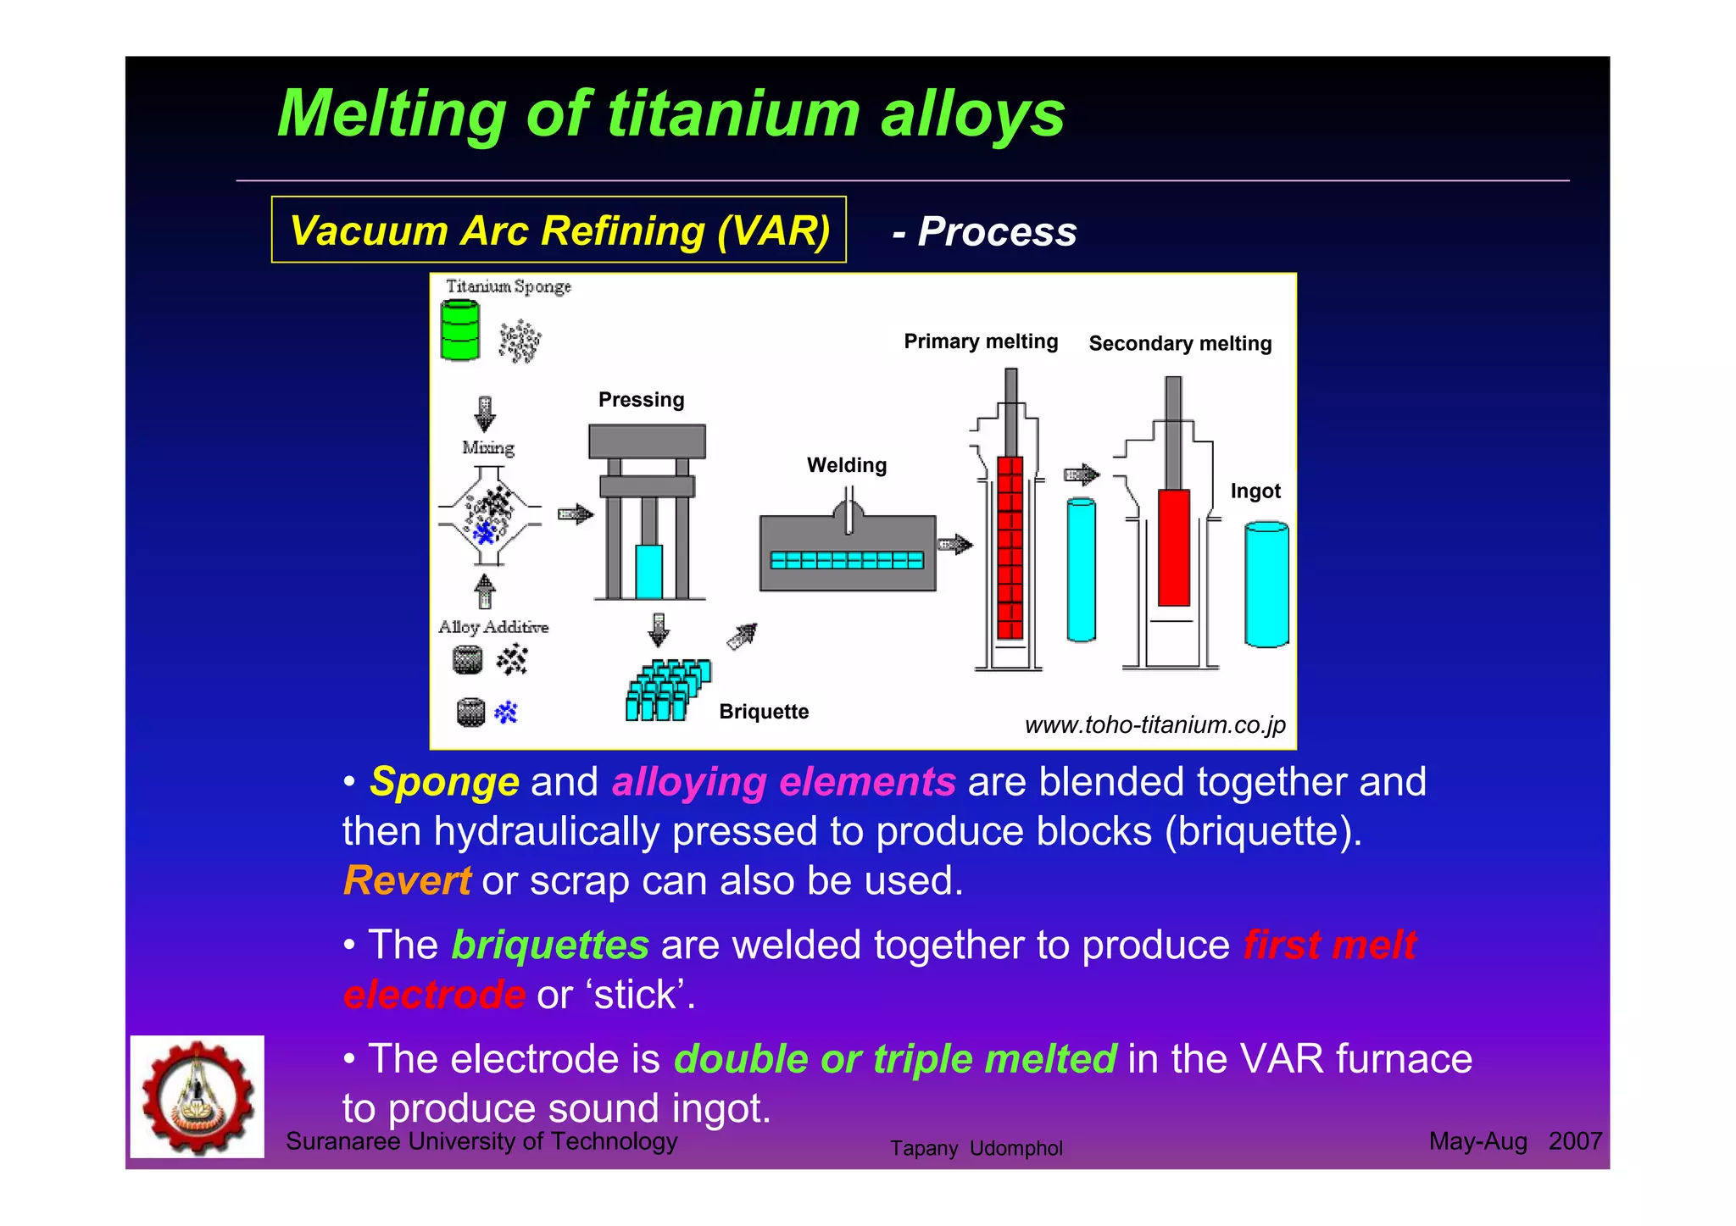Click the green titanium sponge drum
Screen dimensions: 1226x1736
click(460, 331)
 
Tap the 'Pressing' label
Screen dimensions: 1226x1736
click(641, 400)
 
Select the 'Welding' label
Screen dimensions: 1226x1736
click(846, 465)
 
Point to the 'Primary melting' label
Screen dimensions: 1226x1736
click(981, 341)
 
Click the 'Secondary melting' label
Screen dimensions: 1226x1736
click(1180, 344)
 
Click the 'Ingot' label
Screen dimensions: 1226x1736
click(1255, 491)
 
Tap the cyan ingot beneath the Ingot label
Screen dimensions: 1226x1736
click(1266, 585)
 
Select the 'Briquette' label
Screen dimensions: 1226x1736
click(763, 712)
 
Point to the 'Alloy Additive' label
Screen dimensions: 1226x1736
click(492, 627)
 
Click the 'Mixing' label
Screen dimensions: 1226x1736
click(487, 447)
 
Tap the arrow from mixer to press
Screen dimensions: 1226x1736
click(575, 513)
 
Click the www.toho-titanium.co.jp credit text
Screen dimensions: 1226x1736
click(1155, 725)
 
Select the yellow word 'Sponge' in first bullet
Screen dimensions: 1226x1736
click(444, 782)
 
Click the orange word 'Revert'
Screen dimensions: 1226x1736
click(407, 881)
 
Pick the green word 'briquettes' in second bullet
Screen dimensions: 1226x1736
click(550, 945)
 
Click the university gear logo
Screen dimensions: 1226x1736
click(198, 1096)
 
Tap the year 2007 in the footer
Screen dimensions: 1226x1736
click(1574, 1141)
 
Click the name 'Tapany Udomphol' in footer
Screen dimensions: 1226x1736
click(976, 1149)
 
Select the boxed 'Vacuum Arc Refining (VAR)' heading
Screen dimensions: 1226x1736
click(559, 230)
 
